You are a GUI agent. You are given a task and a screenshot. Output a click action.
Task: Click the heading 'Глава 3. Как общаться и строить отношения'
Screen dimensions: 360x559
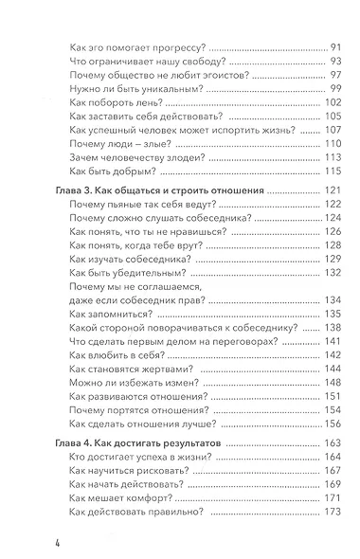click(x=155, y=190)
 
